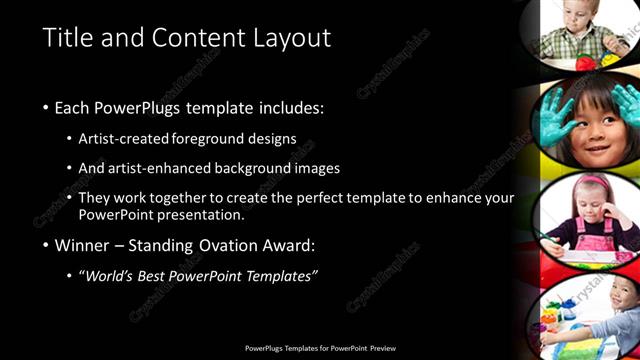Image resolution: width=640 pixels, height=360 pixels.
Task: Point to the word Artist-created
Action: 123,138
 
